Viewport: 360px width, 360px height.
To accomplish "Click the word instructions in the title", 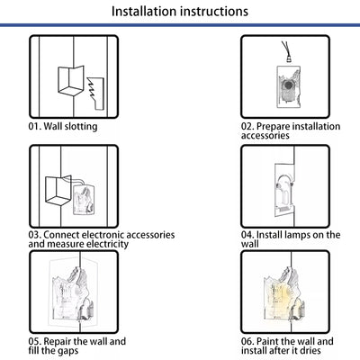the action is tap(214, 11).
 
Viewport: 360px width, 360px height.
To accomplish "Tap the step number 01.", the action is tap(34, 126).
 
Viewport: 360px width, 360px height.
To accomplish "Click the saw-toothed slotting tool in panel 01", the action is tap(96, 94).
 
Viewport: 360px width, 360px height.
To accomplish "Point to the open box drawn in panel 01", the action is tap(71, 80).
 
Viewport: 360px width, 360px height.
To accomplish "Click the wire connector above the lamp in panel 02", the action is tap(286, 52).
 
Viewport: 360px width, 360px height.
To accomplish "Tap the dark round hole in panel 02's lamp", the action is tap(289, 85).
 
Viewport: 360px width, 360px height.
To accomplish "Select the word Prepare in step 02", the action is tap(273, 127).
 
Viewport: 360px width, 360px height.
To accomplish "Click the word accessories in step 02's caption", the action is tap(265, 136).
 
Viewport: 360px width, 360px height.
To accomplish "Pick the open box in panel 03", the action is tap(58, 191).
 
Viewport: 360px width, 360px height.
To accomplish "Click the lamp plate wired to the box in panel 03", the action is tap(84, 200).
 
